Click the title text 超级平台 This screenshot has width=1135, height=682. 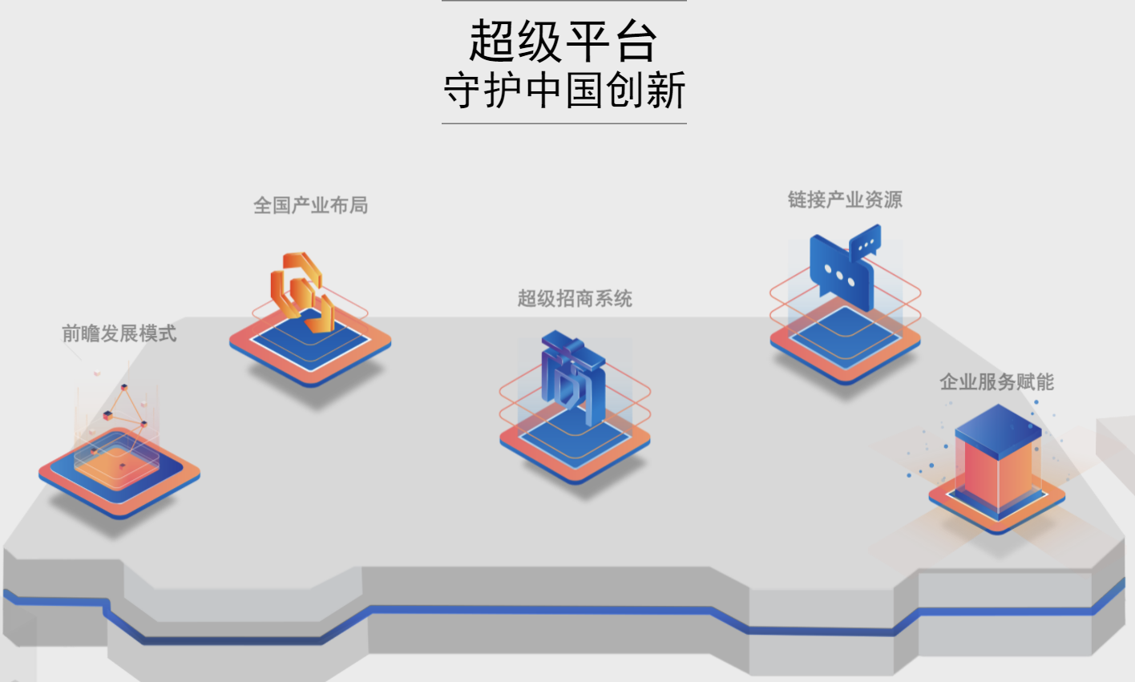(563, 41)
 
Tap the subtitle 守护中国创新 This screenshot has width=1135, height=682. (564, 90)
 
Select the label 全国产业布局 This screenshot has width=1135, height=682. (311, 206)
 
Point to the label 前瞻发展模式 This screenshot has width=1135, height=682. (119, 333)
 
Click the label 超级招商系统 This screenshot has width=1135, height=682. (575, 299)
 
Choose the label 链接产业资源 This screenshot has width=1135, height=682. (845, 200)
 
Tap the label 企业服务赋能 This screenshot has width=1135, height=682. (996, 382)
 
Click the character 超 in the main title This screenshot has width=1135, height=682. (491, 41)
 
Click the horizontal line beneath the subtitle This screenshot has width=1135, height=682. (564, 123)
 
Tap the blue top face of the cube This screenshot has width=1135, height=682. (998, 422)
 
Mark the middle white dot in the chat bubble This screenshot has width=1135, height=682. (839, 276)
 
